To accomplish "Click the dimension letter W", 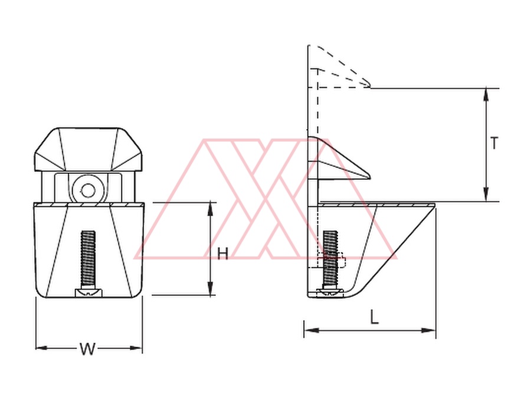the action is tap(87, 348).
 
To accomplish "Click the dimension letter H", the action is tap(222, 254).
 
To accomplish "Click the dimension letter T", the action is tap(494, 143).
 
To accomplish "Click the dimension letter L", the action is tap(374, 317).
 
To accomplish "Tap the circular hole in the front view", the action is tap(88, 190).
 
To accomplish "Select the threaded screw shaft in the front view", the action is tap(88, 259).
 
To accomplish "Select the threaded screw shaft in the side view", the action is tap(330, 259).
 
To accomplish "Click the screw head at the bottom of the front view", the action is tap(88, 292).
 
